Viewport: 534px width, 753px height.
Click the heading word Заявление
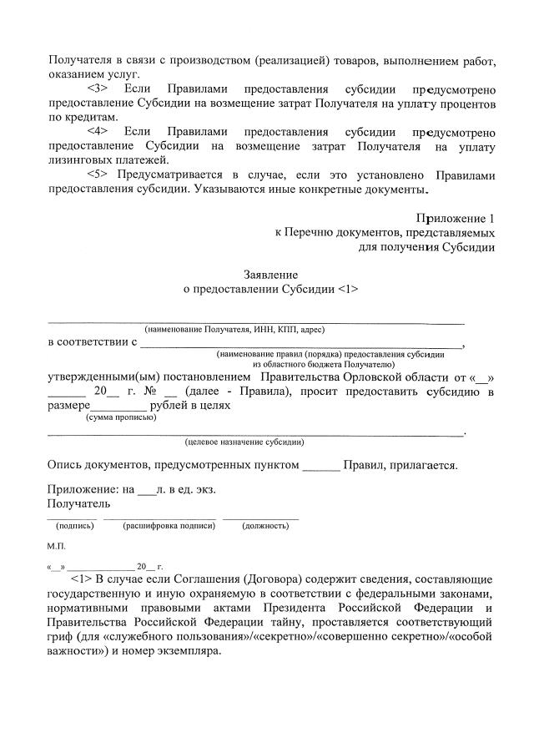tap(270, 275)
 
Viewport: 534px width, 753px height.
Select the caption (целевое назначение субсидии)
tap(244, 442)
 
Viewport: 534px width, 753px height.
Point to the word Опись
tap(66, 465)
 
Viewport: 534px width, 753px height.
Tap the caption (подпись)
tap(74, 526)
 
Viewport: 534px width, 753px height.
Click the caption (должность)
tap(264, 526)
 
